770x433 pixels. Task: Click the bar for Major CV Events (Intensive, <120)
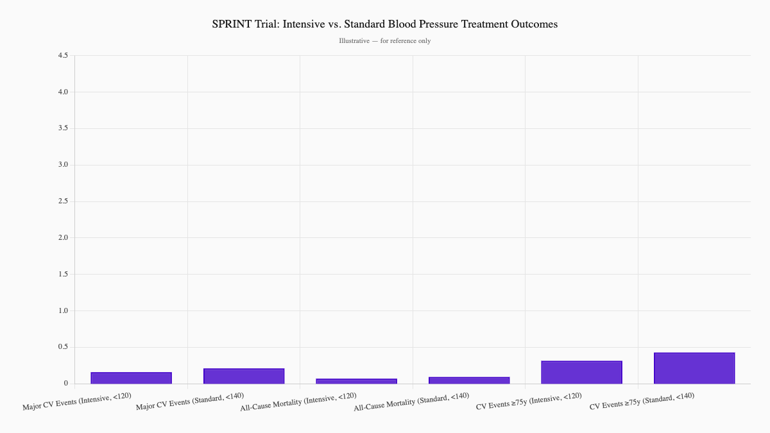pyautogui.click(x=131, y=378)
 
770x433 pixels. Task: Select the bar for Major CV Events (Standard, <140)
pyautogui.click(x=244, y=376)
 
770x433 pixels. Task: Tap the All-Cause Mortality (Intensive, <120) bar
pyautogui.click(x=356, y=381)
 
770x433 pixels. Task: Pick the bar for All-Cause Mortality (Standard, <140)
pyautogui.click(x=469, y=380)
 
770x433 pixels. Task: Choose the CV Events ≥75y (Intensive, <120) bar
pyautogui.click(x=581, y=372)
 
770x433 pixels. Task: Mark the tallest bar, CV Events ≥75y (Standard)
pyautogui.click(x=694, y=368)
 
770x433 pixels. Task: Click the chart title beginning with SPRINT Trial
pyautogui.click(x=385, y=24)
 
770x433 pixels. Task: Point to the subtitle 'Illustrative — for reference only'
pyautogui.click(x=385, y=41)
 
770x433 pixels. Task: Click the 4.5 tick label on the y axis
pyautogui.click(x=63, y=56)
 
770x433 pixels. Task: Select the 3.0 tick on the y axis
pyautogui.click(x=63, y=165)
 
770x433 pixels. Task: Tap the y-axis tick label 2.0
pyautogui.click(x=63, y=238)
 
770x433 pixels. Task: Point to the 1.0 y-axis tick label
pyautogui.click(x=63, y=311)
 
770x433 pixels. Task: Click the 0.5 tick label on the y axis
pyautogui.click(x=63, y=347)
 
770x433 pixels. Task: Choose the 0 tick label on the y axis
pyautogui.click(x=65, y=384)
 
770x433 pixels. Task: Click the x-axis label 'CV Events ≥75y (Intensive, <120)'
pyautogui.click(x=529, y=401)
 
